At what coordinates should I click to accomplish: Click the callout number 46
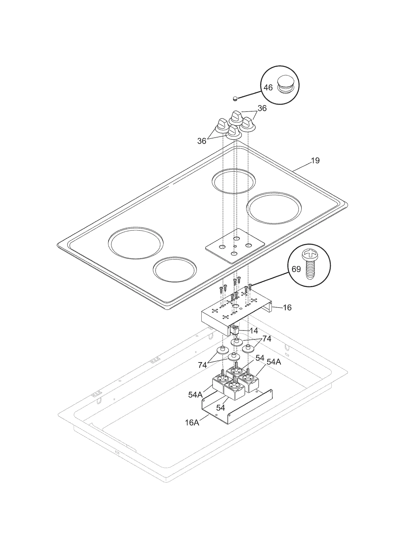(268, 87)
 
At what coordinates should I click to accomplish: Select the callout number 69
(296, 269)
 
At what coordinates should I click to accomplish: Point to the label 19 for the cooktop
(315, 160)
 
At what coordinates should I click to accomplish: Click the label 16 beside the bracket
(287, 307)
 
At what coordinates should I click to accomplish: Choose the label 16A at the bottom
(192, 430)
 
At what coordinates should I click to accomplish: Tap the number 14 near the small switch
(253, 331)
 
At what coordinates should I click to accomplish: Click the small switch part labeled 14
(235, 330)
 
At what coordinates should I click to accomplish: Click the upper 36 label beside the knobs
(262, 108)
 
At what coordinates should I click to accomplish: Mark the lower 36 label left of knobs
(202, 141)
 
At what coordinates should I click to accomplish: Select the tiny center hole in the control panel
(235, 246)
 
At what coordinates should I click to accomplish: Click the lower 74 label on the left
(202, 365)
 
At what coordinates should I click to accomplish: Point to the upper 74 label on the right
(267, 339)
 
